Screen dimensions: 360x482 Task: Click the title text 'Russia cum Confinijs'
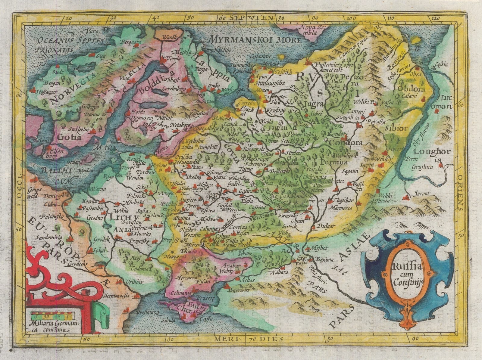pos(408,275)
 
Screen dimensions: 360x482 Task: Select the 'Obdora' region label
pos(411,89)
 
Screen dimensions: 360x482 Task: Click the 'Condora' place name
pos(346,143)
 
